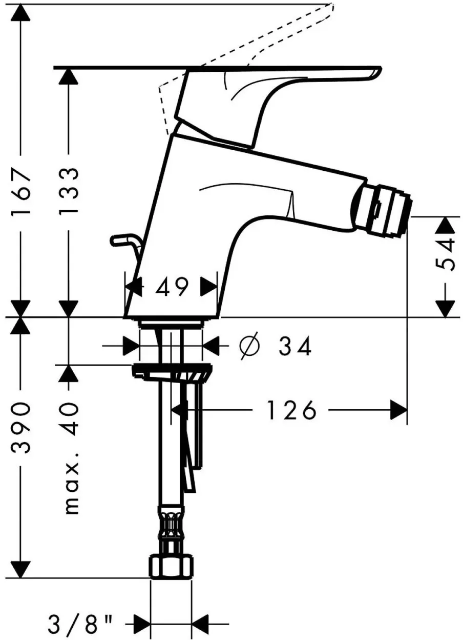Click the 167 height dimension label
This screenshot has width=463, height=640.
20,193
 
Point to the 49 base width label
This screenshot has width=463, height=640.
172,287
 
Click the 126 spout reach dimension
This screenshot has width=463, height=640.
291,410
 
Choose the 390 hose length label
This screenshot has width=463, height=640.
20,427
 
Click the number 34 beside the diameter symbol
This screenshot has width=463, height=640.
295,346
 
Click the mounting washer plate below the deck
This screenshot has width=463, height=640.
172,372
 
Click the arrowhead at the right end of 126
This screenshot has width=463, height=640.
399,410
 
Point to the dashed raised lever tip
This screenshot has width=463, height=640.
330,6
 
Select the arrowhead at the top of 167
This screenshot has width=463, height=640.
20,12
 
